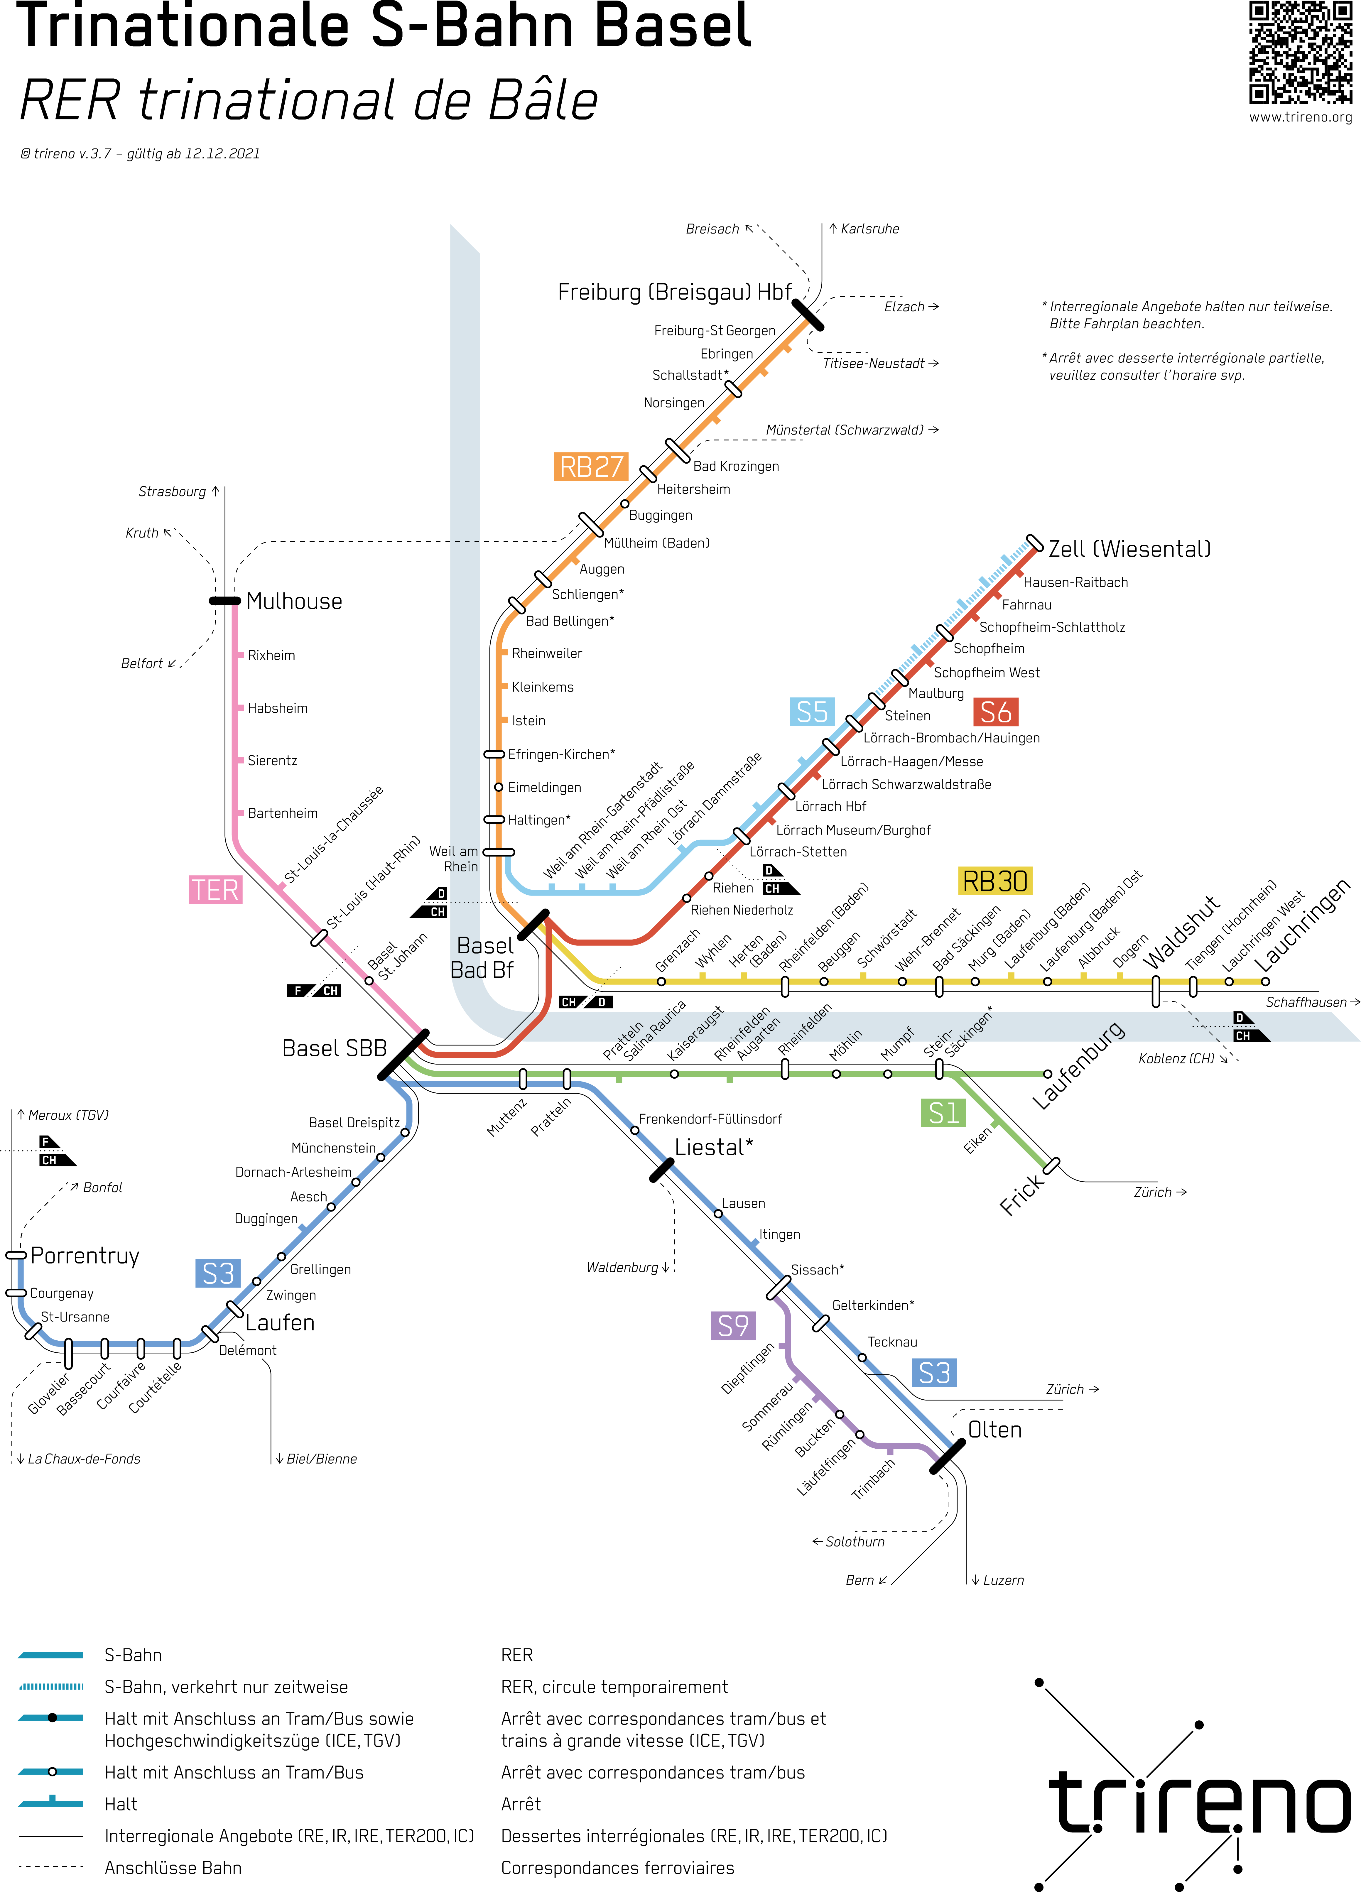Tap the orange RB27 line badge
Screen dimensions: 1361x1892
(x=591, y=466)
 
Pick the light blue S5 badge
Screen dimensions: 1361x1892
(x=812, y=712)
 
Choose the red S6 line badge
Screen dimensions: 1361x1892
(x=995, y=712)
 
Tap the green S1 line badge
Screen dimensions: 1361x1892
(x=943, y=1113)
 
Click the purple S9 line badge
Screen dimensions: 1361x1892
(x=733, y=1326)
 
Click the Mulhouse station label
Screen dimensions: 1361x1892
(x=294, y=602)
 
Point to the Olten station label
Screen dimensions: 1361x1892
(x=995, y=1430)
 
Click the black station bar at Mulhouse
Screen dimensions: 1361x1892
(x=224, y=601)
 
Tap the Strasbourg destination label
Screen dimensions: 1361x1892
(x=172, y=491)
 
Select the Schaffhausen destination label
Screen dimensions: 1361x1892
(x=1306, y=1002)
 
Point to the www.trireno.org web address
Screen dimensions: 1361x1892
(x=1300, y=117)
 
